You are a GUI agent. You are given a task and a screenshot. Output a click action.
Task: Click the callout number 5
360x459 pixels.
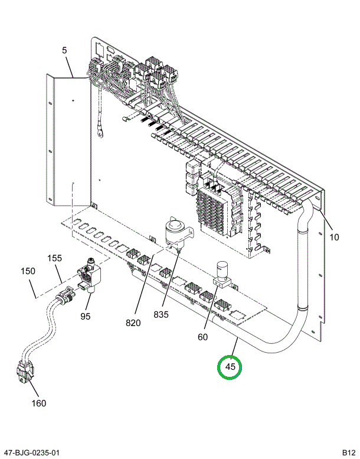[x=64, y=51]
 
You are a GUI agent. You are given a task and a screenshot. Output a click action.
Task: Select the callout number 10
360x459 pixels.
[x=335, y=237]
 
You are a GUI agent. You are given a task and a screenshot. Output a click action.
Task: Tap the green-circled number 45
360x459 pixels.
[x=230, y=367]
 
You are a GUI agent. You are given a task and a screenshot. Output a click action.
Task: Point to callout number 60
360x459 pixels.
[x=202, y=337]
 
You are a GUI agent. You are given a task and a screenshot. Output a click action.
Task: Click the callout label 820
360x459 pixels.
[x=133, y=323]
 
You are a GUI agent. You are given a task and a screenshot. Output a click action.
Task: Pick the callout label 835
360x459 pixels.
[x=161, y=315]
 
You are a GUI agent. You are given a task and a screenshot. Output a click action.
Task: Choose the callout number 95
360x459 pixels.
[x=86, y=316]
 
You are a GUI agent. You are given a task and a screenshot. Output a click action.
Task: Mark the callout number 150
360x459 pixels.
[x=28, y=271]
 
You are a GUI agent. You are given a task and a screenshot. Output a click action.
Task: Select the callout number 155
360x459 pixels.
[x=54, y=258]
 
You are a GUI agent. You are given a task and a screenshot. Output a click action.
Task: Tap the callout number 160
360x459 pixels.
[x=38, y=403]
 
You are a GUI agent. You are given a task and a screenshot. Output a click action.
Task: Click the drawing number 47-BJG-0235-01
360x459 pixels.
[x=31, y=453]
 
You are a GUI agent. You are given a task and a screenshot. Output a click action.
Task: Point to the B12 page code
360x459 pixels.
[x=348, y=453]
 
